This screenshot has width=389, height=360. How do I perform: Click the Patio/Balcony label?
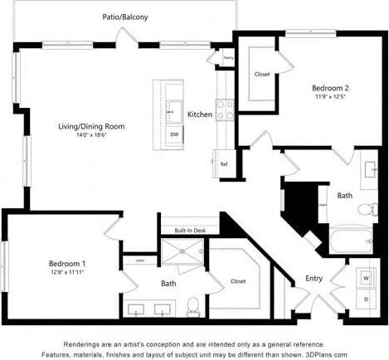click(125, 16)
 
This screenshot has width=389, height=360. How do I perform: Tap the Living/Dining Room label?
click(90, 126)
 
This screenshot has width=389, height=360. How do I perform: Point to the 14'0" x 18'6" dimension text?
click(90, 134)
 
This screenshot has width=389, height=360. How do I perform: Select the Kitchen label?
click(200, 114)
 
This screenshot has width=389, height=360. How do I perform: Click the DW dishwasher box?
click(174, 134)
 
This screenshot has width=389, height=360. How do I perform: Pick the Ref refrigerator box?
click(223, 163)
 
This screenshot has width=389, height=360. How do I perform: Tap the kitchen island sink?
click(174, 109)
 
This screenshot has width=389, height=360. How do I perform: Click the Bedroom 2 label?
click(329, 88)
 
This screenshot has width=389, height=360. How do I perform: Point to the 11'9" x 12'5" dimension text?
click(329, 96)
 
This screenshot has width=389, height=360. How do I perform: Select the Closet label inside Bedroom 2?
click(262, 75)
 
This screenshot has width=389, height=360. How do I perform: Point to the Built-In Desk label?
click(190, 231)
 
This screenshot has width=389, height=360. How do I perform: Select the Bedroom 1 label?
click(67, 263)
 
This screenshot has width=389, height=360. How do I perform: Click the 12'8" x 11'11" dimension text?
click(67, 271)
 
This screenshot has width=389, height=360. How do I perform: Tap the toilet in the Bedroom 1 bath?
click(193, 305)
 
